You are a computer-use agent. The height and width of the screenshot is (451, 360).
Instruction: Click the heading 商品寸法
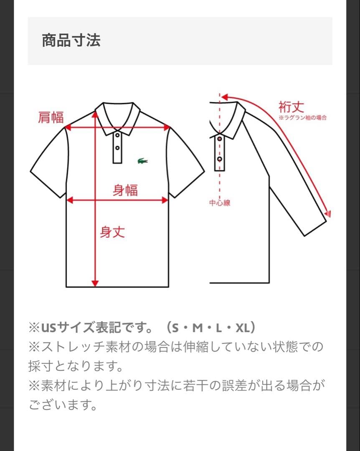[71, 41]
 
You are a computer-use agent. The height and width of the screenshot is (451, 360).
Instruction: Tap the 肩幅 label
[51, 118]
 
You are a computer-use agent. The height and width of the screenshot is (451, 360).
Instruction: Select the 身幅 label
[125, 190]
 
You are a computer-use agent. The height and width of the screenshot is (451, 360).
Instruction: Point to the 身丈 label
[112, 232]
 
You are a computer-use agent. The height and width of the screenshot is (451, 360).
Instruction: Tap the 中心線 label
[220, 203]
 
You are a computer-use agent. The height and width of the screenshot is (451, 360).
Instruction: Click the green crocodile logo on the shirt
[142, 161]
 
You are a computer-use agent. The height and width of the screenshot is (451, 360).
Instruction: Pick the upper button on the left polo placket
[117, 135]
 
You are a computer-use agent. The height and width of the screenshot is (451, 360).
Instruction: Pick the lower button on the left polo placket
[117, 148]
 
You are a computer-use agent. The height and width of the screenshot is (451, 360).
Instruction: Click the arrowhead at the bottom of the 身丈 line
[95, 284]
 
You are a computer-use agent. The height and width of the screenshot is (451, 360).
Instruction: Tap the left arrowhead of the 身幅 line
[70, 200]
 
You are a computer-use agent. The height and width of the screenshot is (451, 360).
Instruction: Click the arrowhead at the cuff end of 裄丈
[329, 214]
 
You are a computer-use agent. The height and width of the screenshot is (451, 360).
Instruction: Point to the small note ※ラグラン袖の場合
[303, 118]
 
